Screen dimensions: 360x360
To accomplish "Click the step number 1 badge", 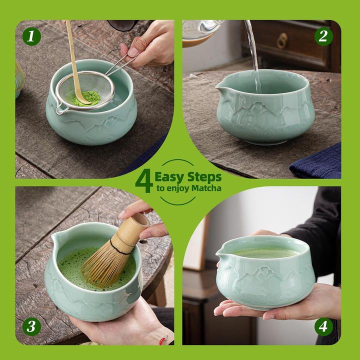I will tap(31, 36).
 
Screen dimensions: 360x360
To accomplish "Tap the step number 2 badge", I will tap(323, 36).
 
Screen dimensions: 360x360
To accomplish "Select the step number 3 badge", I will tap(31, 327).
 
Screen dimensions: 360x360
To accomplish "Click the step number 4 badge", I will tap(323, 327).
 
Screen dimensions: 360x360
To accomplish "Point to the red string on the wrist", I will tap(163, 341).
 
